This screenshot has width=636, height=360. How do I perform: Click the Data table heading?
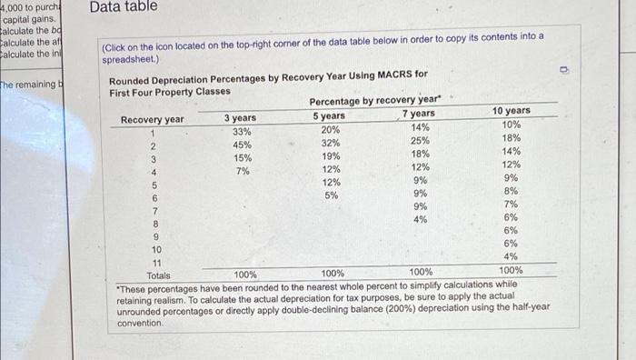pyautogui.click(x=124, y=7)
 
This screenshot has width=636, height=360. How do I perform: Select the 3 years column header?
pyautogui.click(x=240, y=118)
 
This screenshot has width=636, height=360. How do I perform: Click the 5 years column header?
pyautogui.click(x=329, y=115)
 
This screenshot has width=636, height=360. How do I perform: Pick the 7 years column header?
pyautogui.click(x=418, y=114)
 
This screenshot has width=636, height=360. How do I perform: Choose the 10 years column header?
pyautogui.click(x=512, y=111)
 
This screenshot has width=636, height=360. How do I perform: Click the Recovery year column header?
pyautogui.click(x=153, y=120)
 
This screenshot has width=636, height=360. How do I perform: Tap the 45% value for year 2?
pyautogui.click(x=243, y=145)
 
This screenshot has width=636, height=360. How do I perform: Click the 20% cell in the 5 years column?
pyautogui.click(x=331, y=129)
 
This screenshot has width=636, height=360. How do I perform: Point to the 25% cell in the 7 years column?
pyautogui.click(x=420, y=140)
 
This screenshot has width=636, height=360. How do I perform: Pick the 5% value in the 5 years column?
pyautogui.click(x=332, y=195)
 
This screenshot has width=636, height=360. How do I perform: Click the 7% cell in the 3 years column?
pyautogui.click(x=243, y=171)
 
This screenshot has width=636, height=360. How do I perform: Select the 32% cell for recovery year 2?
pyautogui.click(x=331, y=143)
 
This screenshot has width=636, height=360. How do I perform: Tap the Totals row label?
pyautogui.click(x=158, y=275)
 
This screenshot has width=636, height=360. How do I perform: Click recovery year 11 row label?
pyautogui.click(x=155, y=262)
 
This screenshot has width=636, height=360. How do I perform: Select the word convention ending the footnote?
pyautogui.click(x=141, y=323)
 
